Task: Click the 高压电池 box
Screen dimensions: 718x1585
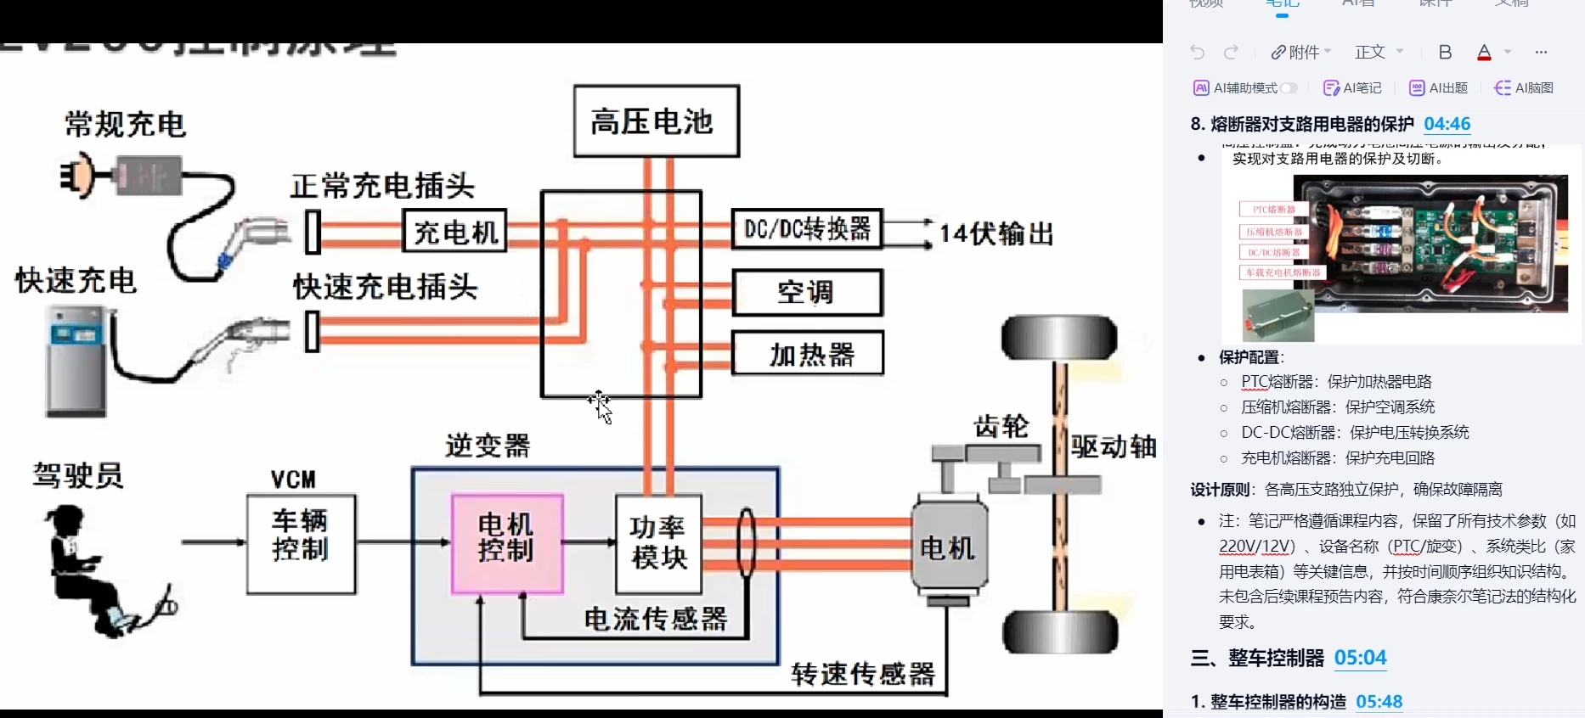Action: [x=656, y=121]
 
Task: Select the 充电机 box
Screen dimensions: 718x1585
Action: [x=455, y=231]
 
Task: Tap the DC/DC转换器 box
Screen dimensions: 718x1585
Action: [x=807, y=229]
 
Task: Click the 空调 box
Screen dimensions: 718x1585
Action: [x=807, y=293]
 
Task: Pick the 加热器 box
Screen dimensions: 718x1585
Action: [x=807, y=354]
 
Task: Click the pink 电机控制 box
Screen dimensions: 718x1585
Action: [x=507, y=543]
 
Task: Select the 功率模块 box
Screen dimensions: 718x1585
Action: [x=658, y=544]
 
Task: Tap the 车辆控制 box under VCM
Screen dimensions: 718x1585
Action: [x=301, y=544]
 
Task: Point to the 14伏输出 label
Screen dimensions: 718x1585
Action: [x=996, y=233]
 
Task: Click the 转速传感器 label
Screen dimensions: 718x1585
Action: [x=862, y=675]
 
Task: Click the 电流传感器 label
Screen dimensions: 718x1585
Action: [x=655, y=619]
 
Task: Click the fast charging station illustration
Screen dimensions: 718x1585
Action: [x=76, y=361]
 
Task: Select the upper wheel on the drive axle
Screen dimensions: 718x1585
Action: [x=1058, y=338]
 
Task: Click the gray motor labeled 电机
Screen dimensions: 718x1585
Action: [x=949, y=547]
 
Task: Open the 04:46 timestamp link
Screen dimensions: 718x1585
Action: [x=1447, y=124]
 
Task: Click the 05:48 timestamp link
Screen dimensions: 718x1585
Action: [x=1379, y=702]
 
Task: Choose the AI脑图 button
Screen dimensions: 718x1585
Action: [x=1524, y=88]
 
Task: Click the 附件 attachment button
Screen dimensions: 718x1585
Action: [x=1300, y=53]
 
